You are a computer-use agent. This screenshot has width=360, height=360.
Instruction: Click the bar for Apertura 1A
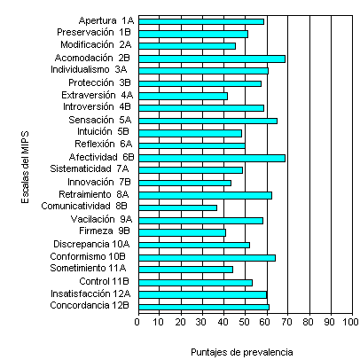201,21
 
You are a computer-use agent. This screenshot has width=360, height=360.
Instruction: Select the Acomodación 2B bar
212,59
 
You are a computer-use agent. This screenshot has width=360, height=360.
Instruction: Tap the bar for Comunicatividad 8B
177,207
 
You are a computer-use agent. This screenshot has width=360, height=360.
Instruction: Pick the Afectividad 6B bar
212,158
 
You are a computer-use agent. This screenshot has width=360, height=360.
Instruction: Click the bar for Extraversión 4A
183,96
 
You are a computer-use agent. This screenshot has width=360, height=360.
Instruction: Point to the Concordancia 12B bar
204,307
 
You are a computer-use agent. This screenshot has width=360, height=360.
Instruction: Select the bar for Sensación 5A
207,121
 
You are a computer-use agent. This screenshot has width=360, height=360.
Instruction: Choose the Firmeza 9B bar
182,232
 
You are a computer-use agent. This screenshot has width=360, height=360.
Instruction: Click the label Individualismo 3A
89,69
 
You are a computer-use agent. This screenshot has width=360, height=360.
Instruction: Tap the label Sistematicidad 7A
90,168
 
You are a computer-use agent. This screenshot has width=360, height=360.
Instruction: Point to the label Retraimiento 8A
94,194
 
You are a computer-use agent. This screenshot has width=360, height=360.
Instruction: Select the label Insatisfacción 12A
90,293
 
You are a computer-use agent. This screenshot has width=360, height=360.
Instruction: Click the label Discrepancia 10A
91,244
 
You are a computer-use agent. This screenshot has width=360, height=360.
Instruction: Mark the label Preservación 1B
94,32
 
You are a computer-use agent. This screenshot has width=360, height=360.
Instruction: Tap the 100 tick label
351,322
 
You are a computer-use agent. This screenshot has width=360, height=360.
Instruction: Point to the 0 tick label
137,322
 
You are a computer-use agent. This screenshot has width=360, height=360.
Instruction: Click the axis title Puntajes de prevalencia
242,352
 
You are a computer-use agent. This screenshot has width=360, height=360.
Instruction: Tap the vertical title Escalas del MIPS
26,168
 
